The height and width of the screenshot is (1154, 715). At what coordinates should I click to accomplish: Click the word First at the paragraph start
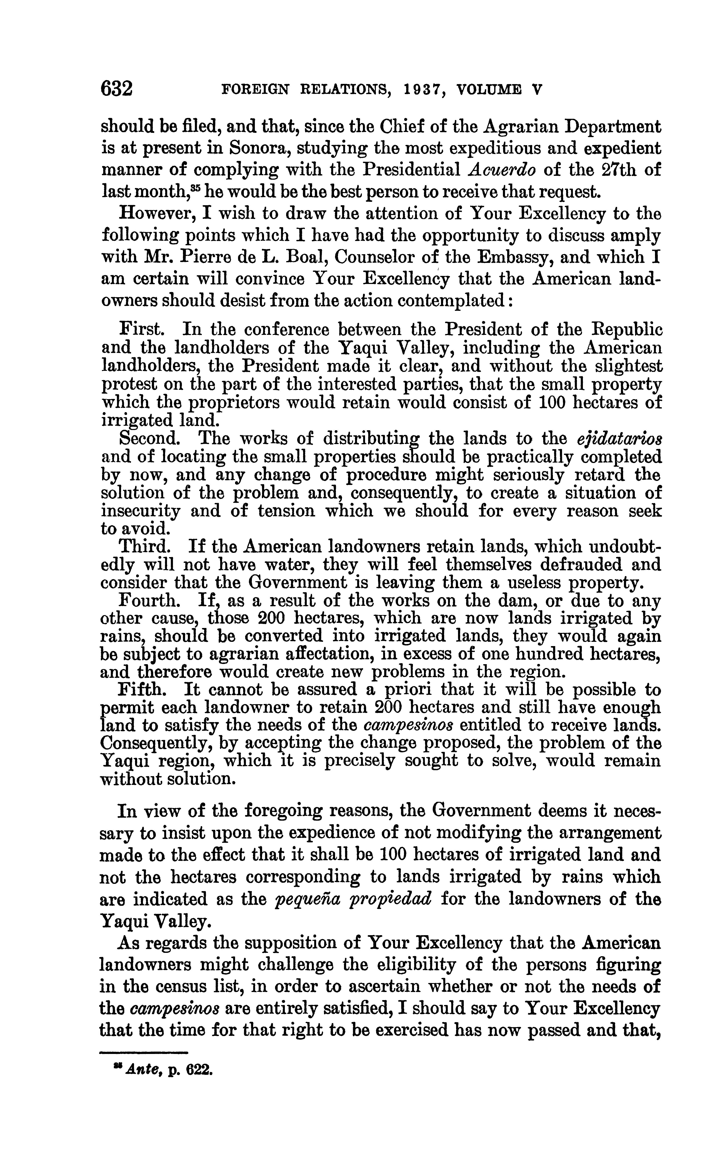coord(141,329)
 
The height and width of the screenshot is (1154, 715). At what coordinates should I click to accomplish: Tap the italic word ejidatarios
coord(619,439)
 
